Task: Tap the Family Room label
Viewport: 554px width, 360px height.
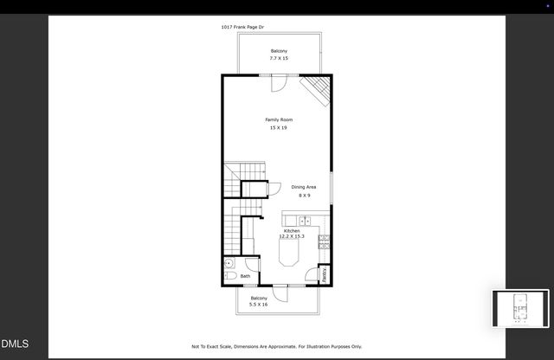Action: point(279,119)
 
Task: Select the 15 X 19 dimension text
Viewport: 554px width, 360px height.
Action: point(279,127)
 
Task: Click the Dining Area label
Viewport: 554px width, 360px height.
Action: point(303,187)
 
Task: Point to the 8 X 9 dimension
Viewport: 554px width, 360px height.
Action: point(303,196)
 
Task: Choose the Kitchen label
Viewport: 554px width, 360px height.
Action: point(292,231)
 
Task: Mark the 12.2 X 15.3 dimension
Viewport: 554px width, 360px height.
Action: point(292,236)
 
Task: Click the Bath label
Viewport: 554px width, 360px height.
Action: point(245,276)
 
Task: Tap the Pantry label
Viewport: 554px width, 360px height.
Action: point(325,273)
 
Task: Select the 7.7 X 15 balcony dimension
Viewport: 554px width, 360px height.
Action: point(279,58)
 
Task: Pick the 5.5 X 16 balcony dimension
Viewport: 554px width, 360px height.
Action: point(259,305)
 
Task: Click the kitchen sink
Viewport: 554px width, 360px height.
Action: point(305,221)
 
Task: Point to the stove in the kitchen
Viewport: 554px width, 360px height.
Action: point(324,242)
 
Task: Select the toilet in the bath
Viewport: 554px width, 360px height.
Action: point(231,276)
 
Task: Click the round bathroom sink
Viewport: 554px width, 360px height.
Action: point(229,262)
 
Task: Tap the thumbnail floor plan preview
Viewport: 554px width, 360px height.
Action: point(520,310)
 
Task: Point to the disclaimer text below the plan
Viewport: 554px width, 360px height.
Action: point(277,346)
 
